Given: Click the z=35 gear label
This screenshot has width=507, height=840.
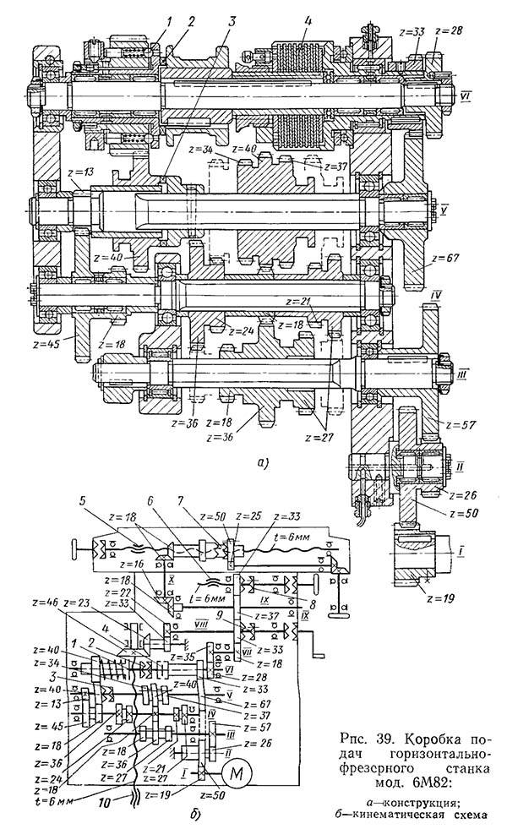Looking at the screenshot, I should pos(203,655).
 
